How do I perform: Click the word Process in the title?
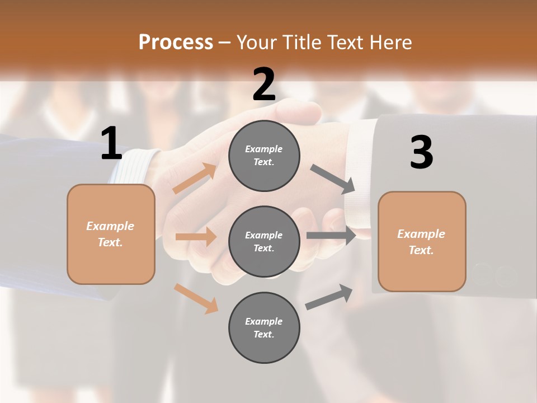coord(176,42)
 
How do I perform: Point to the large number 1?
coord(111,144)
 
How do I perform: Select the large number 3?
coord(421,153)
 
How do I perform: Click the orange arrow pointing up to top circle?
coord(195,179)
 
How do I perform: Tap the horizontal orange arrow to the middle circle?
coord(196,237)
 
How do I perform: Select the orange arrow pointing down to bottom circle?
coord(196,298)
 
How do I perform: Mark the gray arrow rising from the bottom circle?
coord(329,297)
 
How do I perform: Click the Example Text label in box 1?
coord(110,234)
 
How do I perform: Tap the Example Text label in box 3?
coord(421,242)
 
